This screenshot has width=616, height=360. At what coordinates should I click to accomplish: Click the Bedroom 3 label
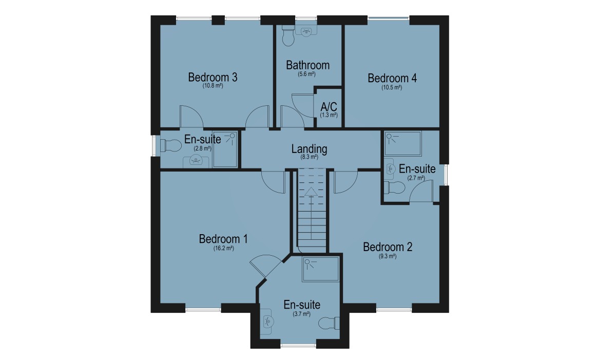coord(213,77)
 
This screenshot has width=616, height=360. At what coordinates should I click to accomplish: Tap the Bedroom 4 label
coord(392,79)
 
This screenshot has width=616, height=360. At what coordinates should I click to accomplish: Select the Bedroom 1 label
coord(223,239)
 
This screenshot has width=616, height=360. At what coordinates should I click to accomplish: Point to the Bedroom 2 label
coord(388,247)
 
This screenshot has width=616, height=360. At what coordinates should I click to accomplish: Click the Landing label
coord(310,149)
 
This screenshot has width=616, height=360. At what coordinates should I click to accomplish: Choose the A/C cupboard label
coord(329,107)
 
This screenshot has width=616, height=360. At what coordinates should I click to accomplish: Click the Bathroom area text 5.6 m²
coord(306,74)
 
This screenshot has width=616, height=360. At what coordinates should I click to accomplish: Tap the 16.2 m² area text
coord(224,249)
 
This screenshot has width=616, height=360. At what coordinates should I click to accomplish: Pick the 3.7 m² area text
coord(302,314)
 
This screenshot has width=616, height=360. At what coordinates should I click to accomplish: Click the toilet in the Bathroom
coord(288,36)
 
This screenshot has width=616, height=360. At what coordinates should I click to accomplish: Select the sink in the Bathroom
coord(306,31)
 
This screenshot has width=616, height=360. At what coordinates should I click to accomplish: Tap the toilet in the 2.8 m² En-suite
coord(171,145)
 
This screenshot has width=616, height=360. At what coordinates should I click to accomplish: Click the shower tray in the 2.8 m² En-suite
coord(225,149)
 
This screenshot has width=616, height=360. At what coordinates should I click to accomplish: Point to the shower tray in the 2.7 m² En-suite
coord(403,143)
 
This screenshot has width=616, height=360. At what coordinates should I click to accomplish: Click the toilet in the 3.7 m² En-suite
coord(329,323)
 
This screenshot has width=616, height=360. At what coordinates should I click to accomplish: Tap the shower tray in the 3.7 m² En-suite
coord(321,269)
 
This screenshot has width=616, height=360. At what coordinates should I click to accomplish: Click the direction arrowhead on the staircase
coord(311,192)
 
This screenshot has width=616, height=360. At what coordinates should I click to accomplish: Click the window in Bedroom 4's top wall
coord(389,18)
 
